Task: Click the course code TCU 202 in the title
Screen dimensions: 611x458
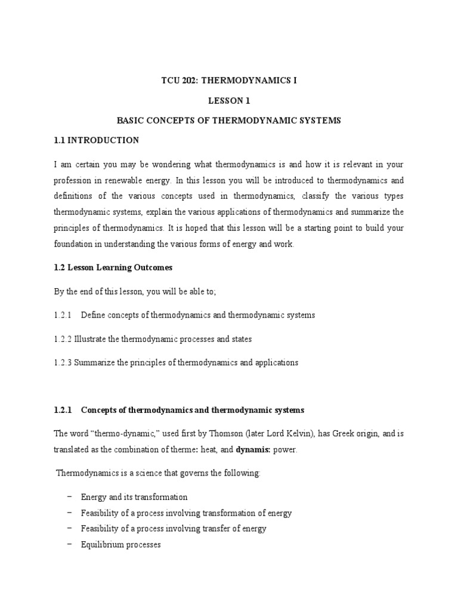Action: (x=182, y=81)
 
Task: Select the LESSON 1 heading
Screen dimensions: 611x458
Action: (x=229, y=101)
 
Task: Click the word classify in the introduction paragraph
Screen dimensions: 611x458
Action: (x=323, y=196)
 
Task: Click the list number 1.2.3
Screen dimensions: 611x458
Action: (x=62, y=363)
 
